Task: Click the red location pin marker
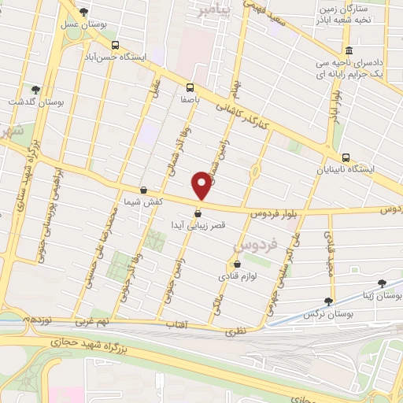pos(202,184)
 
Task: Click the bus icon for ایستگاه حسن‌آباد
pos(116,45)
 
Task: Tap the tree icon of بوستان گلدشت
pos(34,89)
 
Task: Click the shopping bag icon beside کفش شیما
pos(142,190)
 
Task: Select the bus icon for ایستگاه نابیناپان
pos(348,156)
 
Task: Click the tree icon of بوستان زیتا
pos(383,283)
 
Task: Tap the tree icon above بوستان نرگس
pos(328,301)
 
